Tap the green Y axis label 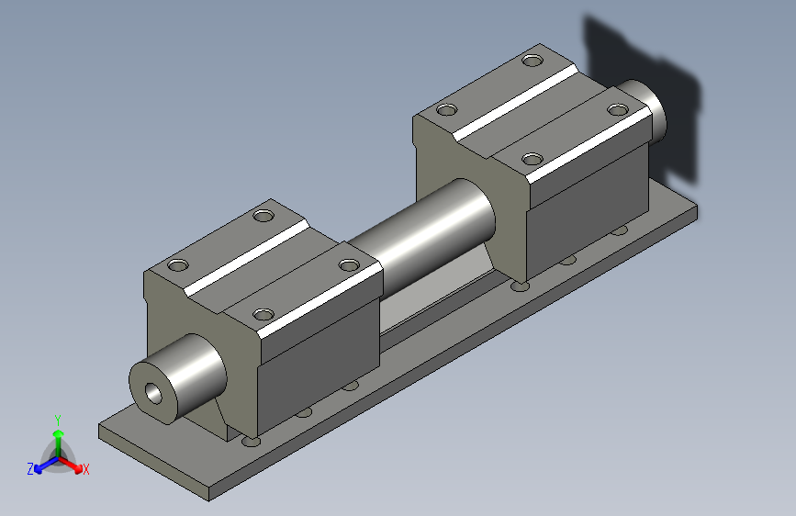(58, 419)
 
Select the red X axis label (85, 469)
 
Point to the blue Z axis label (30, 468)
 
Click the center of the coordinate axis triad (58, 455)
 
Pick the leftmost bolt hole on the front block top (177, 265)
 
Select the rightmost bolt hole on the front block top (348, 264)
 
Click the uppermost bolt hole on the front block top (263, 217)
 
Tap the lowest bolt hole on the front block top (264, 314)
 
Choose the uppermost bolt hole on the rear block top (533, 61)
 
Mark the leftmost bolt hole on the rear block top (447, 110)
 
